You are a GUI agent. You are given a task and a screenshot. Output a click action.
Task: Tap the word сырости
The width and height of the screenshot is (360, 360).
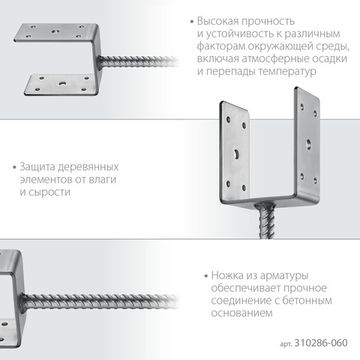45,190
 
